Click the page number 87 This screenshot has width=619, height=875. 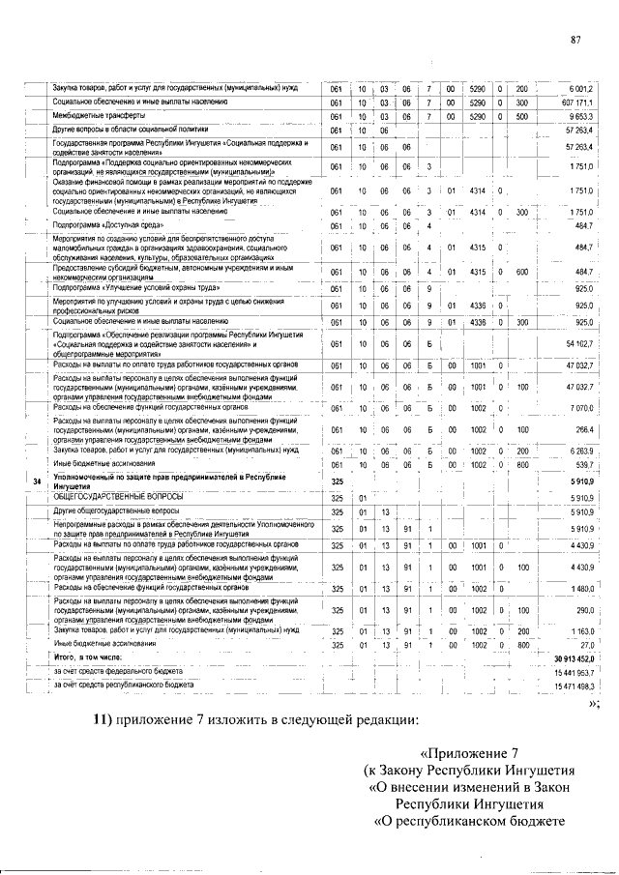coord(575,40)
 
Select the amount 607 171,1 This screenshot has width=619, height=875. coord(577,102)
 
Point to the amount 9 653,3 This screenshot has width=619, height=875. coord(583,114)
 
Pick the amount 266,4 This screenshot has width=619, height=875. coord(585,428)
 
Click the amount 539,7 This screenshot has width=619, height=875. coord(585,463)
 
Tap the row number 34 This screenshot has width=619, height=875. coord(37,481)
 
